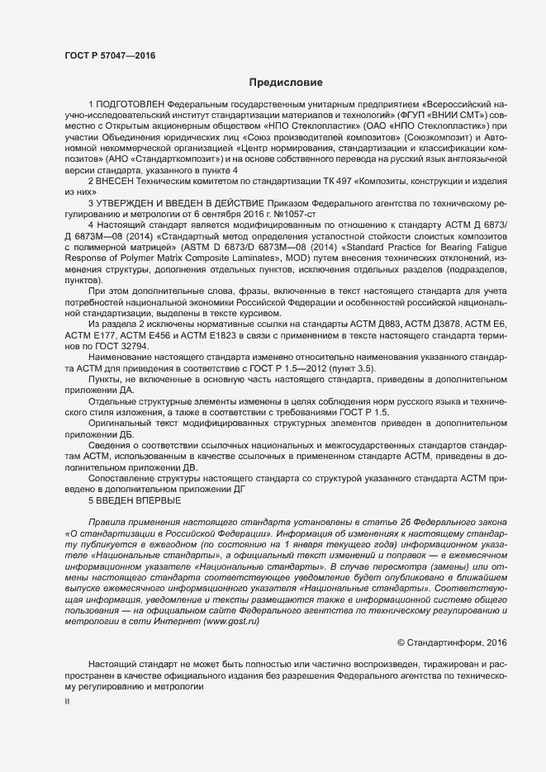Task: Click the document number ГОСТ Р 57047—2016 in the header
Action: (109, 55)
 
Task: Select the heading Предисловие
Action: (286, 83)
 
